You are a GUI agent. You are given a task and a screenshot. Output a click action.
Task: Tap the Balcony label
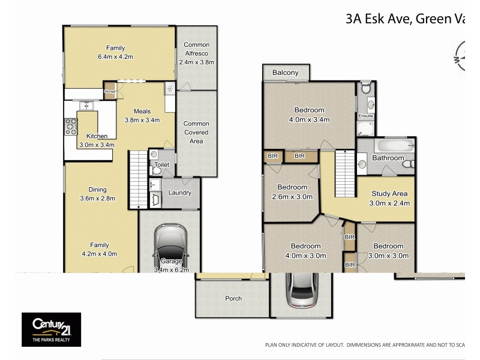(285, 73)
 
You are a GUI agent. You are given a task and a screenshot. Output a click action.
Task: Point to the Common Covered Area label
(196, 132)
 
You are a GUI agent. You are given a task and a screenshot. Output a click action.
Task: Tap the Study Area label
(389, 198)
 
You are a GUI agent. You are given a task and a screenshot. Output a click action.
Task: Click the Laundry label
(180, 193)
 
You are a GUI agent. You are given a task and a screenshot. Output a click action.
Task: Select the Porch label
(233, 298)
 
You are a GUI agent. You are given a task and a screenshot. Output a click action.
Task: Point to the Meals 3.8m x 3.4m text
(142, 115)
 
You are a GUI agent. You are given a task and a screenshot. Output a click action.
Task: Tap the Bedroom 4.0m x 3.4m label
(309, 114)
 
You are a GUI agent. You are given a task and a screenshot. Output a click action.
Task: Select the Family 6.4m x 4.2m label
(115, 52)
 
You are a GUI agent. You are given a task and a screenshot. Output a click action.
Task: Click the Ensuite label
(365, 116)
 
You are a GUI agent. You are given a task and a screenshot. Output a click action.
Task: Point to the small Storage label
(110, 91)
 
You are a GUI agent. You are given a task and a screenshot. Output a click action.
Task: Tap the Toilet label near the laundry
(162, 164)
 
